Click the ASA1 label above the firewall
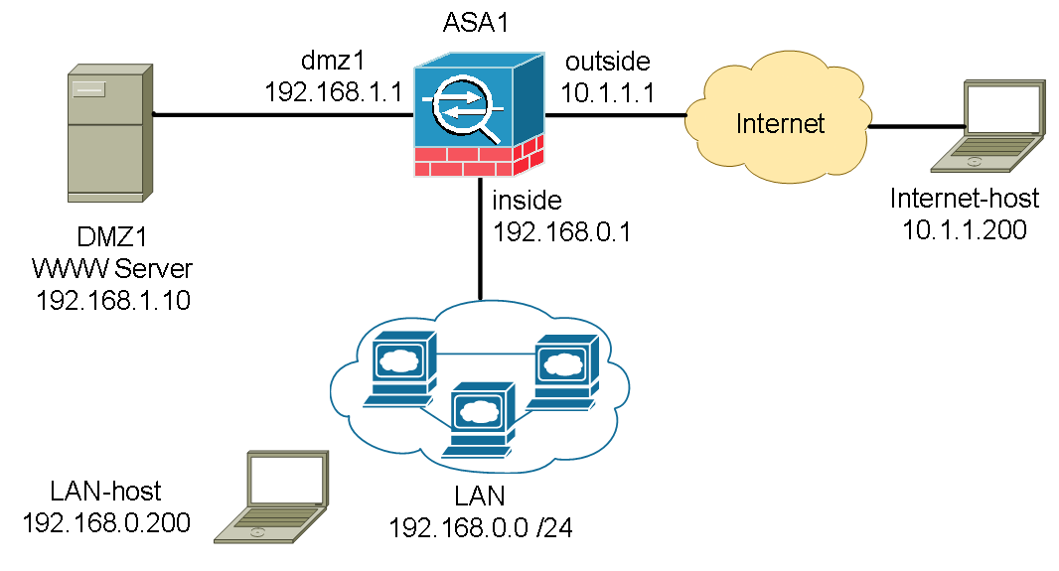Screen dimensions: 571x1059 (x=478, y=21)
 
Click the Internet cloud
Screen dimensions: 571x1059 (x=780, y=124)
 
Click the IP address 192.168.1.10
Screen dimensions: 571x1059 (x=112, y=300)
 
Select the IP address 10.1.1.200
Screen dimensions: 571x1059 (x=964, y=230)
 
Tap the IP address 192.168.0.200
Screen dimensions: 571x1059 (x=105, y=522)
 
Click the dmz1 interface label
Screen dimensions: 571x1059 (x=332, y=62)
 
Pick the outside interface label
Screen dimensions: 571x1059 (x=607, y=62)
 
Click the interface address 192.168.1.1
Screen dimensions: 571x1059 (x=332, y=91)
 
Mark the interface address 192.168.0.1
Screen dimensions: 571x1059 (x=562, y=231)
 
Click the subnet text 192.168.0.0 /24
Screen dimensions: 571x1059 (x=483, y=526)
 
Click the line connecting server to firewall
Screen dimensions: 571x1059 (x=283, y=114)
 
